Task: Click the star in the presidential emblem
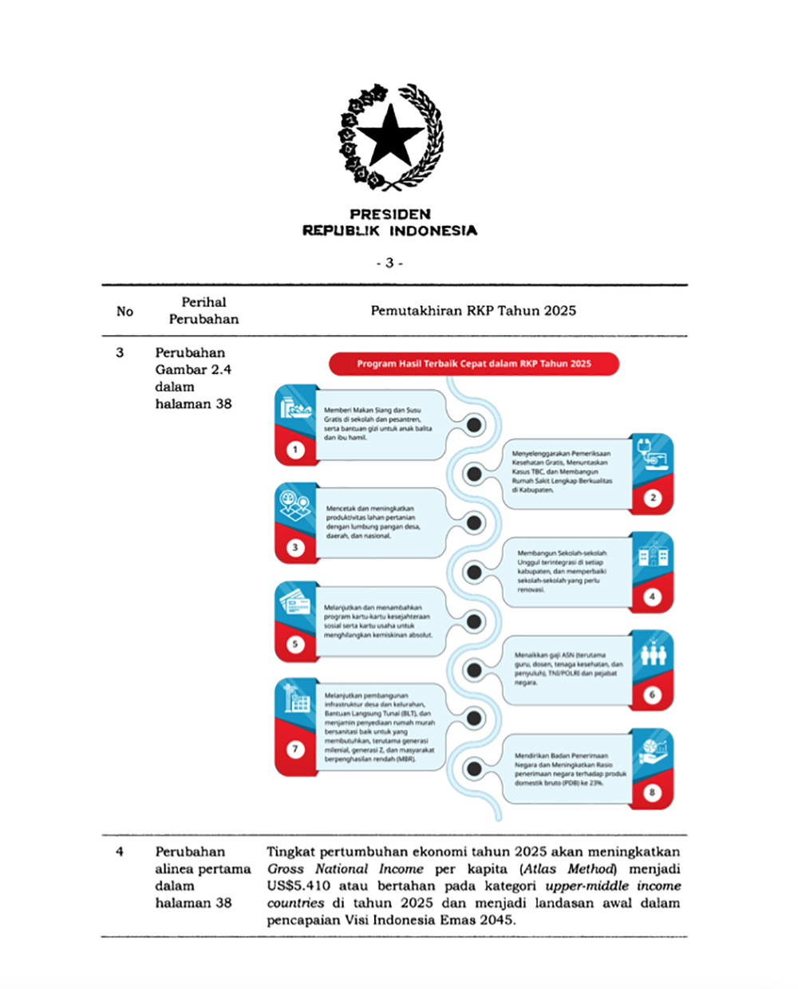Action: (389, 136)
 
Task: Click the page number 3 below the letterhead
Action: (389, 263)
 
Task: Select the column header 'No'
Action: (124, 311)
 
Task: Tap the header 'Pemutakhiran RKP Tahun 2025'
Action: (472, 310)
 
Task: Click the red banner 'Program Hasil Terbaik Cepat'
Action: (474, 364)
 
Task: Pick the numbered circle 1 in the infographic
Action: (295, 450)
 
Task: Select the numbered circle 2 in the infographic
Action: (653, 498)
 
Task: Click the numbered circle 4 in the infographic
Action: (653, 597)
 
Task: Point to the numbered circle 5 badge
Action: (295, 644)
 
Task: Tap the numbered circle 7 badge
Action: (295, 750)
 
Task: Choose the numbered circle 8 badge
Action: (653, 793)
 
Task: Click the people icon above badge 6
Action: (653, 656)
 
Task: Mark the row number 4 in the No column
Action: (120, 852)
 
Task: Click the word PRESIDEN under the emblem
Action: (389, 214)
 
